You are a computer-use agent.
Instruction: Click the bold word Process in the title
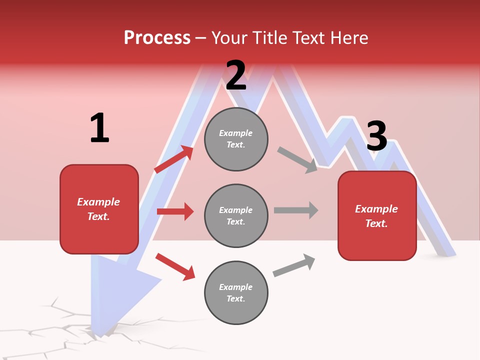click(x=157, y=38)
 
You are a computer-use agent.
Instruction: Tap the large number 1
click(x=99, y=128)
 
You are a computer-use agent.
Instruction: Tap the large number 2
click(x=235, y=75)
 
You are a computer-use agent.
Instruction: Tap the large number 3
click(x=376, y=136)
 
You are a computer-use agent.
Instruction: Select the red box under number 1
click(x=99, y=209)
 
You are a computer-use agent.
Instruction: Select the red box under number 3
click(x=377, y=215)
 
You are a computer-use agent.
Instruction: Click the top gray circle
click(x=236, y=139)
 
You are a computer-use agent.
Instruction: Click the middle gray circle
click(x=236, y=215)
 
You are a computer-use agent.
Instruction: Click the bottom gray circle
click(x=236, y=292)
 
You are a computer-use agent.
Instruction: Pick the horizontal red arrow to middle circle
click(x=175, y=211)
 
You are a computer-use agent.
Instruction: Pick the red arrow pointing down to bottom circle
click(x=175, y=266)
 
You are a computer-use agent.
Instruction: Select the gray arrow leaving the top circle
click(x=297, y=159)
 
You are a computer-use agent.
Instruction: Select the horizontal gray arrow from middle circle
click(x=296, y=210)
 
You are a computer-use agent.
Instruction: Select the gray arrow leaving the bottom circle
click(x=294, y=265)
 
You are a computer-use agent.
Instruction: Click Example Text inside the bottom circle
click(x=236, y=292)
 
